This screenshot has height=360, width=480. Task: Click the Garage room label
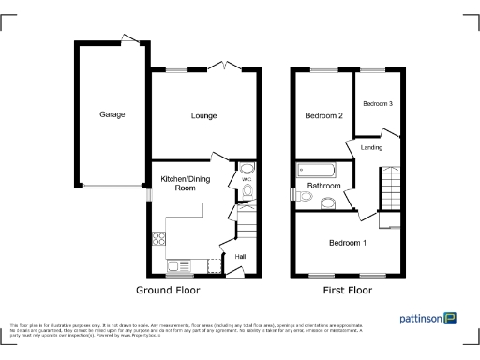point(112,114)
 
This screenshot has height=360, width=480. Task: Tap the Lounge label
point(203,116)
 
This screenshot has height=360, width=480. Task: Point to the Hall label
point(240,257)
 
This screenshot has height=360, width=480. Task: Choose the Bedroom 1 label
point(347,243)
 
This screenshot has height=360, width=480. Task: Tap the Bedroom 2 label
point(323,115)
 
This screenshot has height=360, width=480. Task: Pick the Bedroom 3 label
point(378,103)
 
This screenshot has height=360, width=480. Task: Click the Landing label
point(371,147)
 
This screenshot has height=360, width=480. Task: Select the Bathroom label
point(323,186)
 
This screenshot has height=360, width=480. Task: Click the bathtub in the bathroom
point(316,170)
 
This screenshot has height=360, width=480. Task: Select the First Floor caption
point(347,291)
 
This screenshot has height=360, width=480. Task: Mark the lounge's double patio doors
point(226,66)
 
